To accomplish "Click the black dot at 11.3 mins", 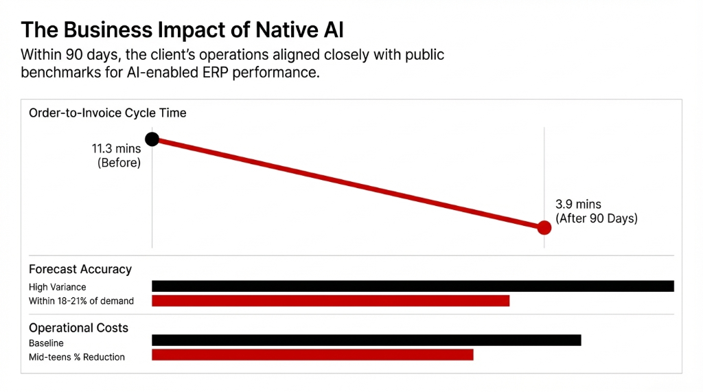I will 152,139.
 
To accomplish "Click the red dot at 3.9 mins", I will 544,227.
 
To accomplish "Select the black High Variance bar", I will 413,286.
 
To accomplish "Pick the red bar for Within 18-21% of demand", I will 330,301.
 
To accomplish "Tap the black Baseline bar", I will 366,340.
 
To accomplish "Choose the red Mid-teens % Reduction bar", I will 312,355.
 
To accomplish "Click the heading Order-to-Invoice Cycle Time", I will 107,113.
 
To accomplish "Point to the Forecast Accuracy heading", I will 80,269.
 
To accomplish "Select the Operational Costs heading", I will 78,327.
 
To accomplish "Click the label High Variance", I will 57,287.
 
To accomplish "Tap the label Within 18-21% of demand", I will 81,301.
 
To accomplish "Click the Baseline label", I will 46,343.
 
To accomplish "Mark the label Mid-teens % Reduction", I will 77,357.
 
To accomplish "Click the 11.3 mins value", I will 116,148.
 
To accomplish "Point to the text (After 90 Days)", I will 596,219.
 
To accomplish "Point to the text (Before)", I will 119,163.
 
